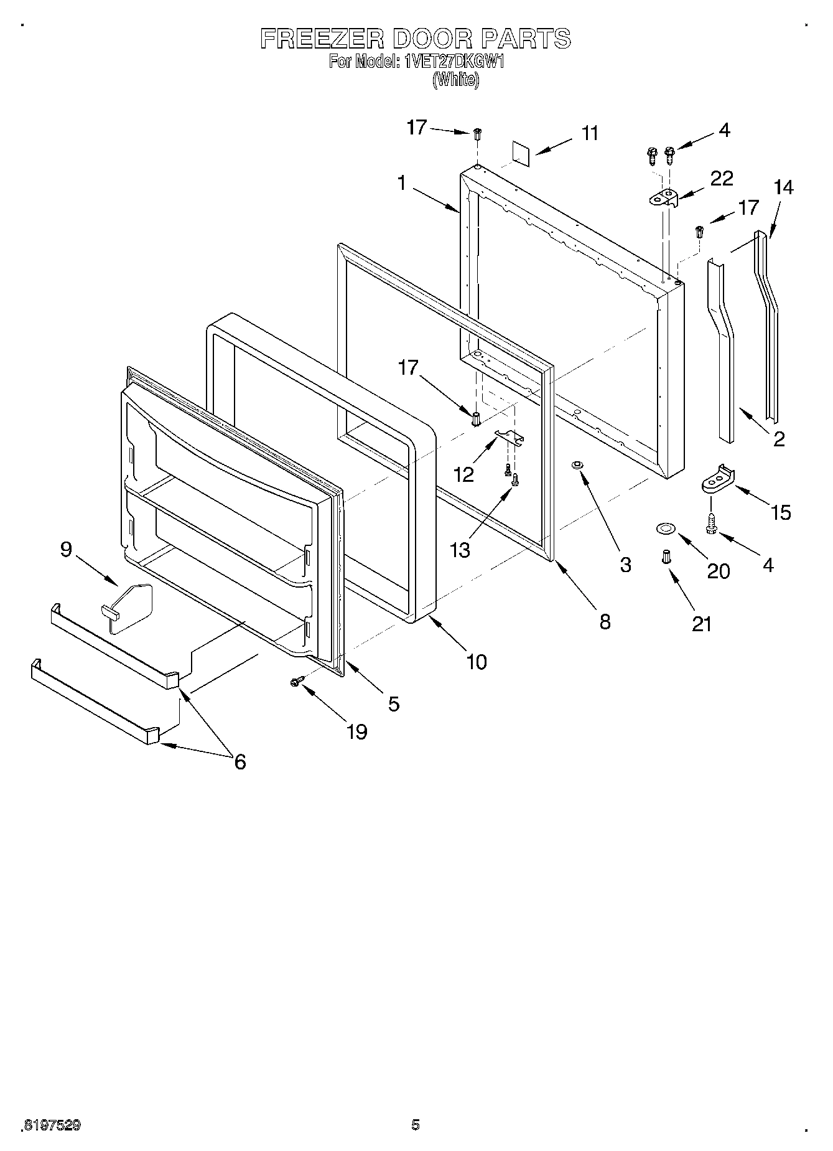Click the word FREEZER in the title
tap(322, 39)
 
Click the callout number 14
tap(783, 187)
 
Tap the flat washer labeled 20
tap(666, 529)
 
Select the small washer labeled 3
tap(576, 464)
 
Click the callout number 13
tap(460, 550)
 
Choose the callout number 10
tap(477, 661)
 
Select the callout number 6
tap(240, 761)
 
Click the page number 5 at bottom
tap(416, 1124)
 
